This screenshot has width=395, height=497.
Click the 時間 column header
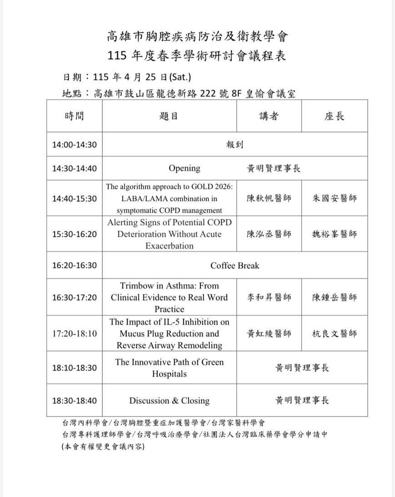(x=75, y=116)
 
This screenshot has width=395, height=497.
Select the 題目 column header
(x=169, y=116)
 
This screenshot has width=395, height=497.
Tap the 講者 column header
(x=269, y=116)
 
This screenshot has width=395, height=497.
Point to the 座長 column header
(x=335, y=116)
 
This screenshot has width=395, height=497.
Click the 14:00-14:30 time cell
(x=75, y=145)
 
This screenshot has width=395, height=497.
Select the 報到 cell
(x=235, y=145)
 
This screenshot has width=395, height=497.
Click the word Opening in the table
(x=185, y=168)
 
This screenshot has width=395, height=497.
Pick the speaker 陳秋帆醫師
(x=269, y=198)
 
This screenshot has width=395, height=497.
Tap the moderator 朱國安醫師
(x=335, y=198)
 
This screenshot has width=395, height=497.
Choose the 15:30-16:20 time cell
(x=75, y=234)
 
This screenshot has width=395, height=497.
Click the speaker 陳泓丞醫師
(x=269, y=234)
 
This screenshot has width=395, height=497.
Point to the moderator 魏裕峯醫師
(x=335, y=234)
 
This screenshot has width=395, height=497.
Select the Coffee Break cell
(x=235, y=265)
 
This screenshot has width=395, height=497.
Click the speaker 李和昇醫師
(x=269, y=297)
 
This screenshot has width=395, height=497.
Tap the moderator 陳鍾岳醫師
(x=335, y=297)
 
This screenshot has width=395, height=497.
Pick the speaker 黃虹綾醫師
(x=269, y=333)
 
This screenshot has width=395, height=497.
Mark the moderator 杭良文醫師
(x=335, y=333)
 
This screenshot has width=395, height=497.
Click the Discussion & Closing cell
(x=169, y=401)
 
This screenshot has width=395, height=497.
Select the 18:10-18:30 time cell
(x=75, y=367)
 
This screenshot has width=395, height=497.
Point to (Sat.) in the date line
(x=184, y=76)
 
